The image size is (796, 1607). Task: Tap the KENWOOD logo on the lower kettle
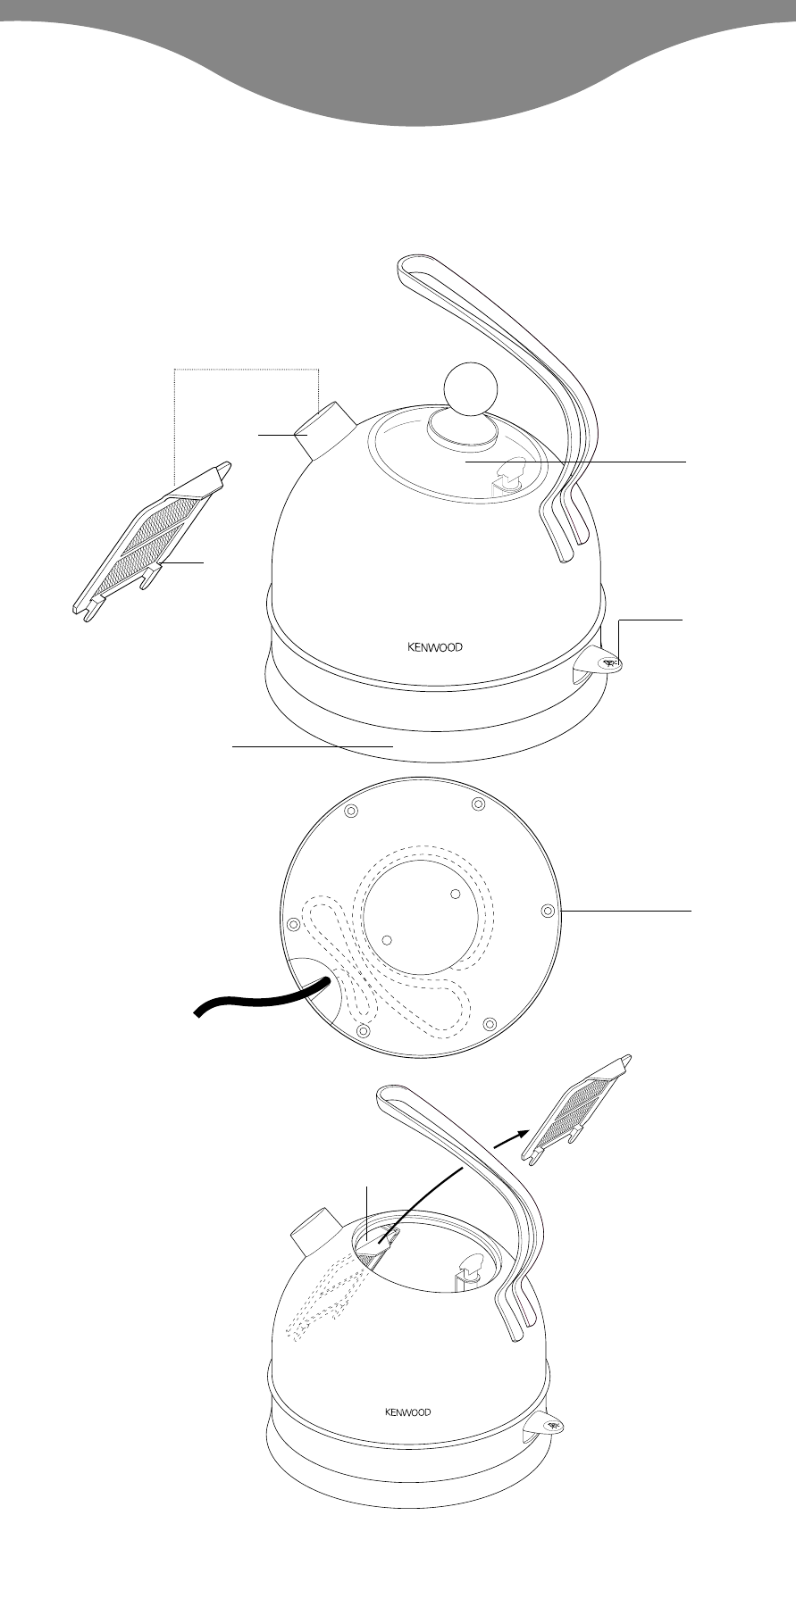pos(407,1411)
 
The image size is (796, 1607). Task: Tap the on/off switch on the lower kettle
pos(546,1424)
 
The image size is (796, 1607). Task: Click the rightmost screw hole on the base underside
pos(548,910)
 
